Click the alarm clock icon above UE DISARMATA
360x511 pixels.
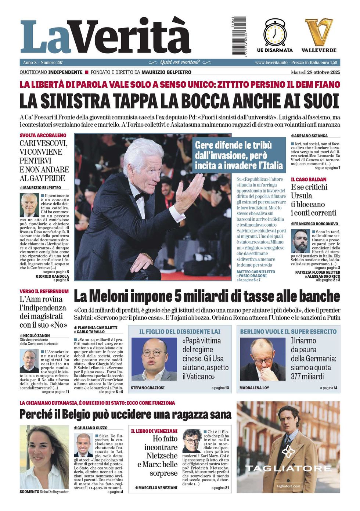(x=274, y=32)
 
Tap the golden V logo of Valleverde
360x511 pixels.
(x=318, y=32)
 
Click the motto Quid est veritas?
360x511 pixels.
(x=180, y=62)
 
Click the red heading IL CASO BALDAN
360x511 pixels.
(x=309, y=179)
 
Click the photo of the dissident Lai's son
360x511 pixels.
(x=154, y=359)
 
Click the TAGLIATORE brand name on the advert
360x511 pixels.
(x=288, y=468)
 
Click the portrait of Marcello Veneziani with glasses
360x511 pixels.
(x=191, y=441)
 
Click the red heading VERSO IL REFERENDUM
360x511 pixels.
(x=44, y=291)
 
